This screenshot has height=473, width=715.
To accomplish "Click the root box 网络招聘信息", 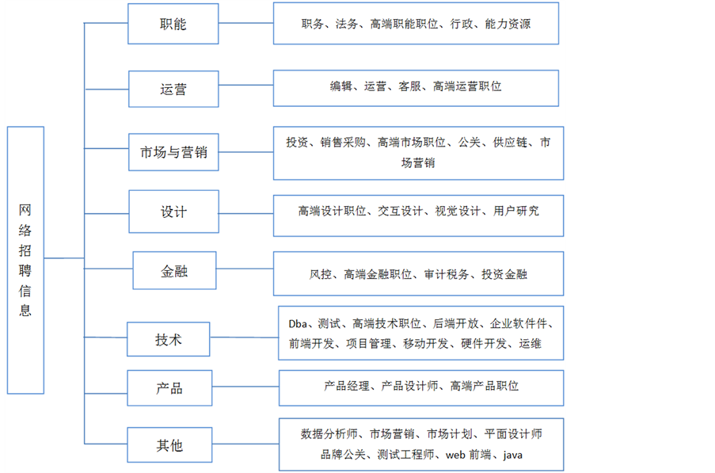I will click(25, 259).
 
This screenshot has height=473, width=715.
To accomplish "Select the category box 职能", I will click(173, 25).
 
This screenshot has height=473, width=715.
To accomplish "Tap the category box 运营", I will click(173, 89).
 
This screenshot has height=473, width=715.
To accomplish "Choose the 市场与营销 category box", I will click(173, 152).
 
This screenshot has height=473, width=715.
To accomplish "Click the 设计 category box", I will click(173, 212).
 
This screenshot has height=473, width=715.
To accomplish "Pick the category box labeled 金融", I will click(173, 272).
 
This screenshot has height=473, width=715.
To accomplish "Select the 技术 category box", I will click(169, 339).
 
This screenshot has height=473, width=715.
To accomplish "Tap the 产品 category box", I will click(169, 388).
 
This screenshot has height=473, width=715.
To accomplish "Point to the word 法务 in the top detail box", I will click(347, 24).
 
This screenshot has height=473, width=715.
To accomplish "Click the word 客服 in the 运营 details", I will click(410, 86).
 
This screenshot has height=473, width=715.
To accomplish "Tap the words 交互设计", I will click(401, 211).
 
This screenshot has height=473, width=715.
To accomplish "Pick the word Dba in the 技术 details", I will click(298, 323).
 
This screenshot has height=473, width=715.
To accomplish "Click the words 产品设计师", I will click(410, 386).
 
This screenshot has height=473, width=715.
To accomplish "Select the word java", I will click(512, 455).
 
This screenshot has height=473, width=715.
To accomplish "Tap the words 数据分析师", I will click(330, 433).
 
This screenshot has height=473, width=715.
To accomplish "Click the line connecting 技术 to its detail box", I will click(244, 338).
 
